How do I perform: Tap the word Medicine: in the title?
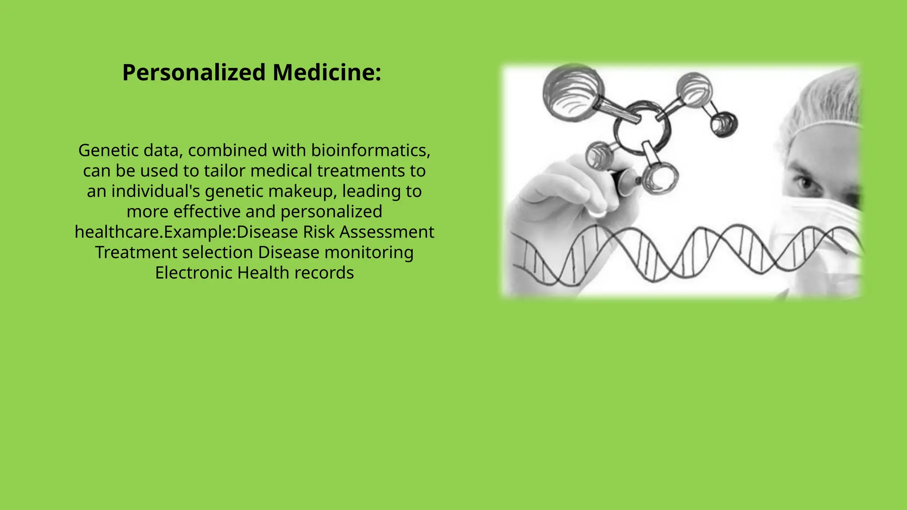[x=327, y=73]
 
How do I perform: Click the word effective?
[x=206, y=212]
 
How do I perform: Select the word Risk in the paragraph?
[x=319, y=232]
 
